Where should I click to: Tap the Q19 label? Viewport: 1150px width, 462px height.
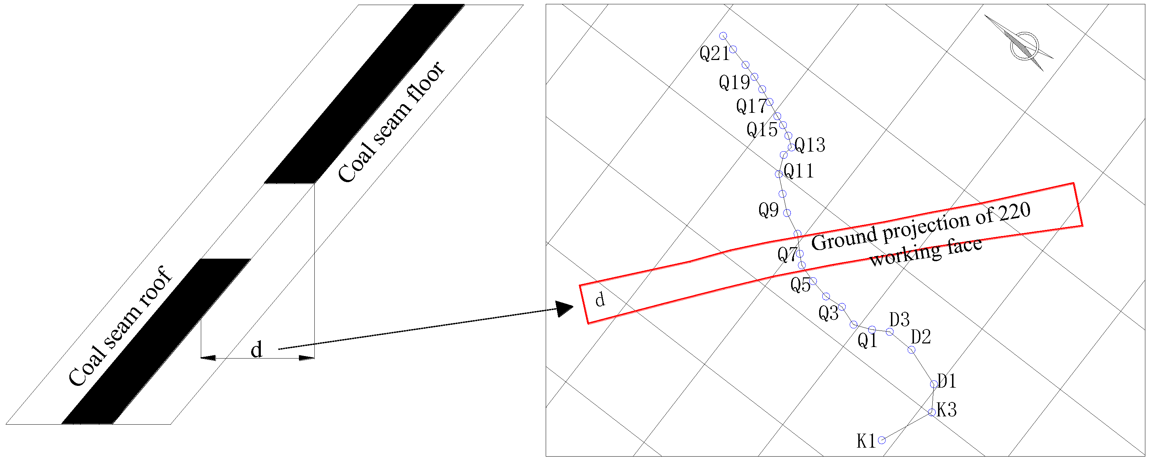(734, 83)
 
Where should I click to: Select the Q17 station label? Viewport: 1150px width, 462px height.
(751, 107)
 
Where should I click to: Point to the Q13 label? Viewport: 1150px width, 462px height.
(810, 145)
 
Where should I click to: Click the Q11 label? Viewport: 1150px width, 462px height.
(799, 171)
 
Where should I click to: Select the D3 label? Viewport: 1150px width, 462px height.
(899, 320)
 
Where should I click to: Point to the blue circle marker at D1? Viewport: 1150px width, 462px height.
(933, 384)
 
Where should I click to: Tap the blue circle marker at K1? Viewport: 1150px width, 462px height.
(882, 440)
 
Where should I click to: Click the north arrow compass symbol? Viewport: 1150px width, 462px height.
(1025, 46)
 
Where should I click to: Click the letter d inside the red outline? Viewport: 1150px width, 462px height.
(600, 300)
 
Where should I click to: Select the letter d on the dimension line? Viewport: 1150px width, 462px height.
(256, 350)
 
